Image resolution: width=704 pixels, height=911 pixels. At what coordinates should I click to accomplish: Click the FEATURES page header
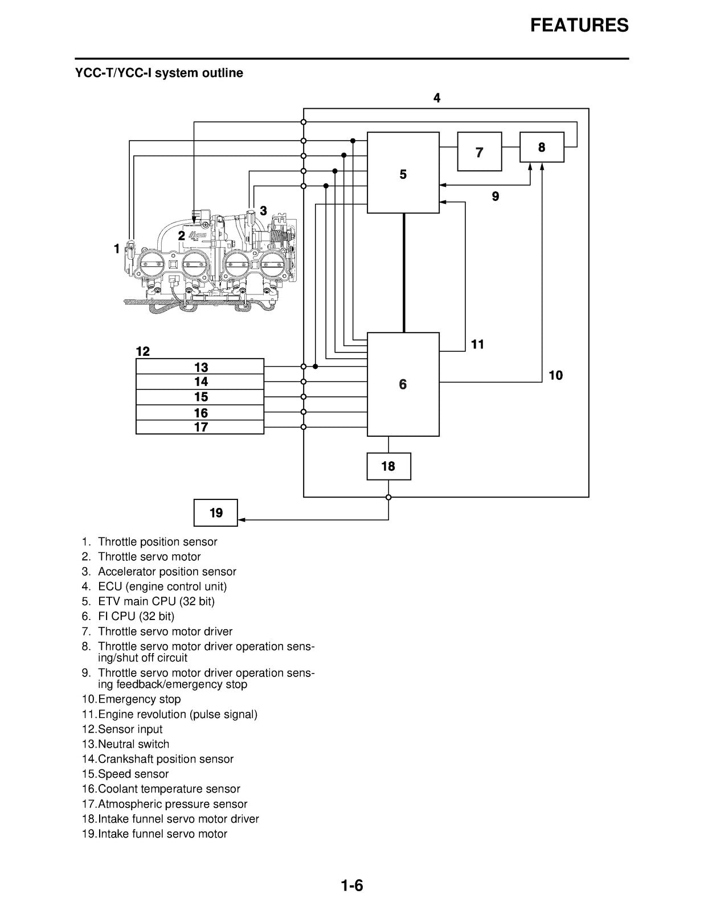point(579,25)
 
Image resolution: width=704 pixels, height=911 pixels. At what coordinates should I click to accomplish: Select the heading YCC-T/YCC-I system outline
point(159,73)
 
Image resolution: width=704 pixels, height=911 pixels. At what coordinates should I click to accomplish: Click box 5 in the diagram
point(403,173)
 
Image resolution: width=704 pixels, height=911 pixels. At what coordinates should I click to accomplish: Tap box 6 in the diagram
point(403,384)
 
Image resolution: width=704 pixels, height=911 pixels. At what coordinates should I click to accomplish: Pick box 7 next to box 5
point(479,152)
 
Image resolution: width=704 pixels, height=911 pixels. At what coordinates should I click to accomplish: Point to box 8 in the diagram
point(542,147)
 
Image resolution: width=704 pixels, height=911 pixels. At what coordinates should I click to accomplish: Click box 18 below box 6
point(388,466)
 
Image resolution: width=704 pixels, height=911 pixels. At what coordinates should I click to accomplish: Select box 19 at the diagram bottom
point(215,513)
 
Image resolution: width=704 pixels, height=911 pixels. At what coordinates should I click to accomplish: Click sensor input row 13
point(200,367)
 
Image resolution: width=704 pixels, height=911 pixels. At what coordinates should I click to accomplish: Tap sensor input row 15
point(200,397)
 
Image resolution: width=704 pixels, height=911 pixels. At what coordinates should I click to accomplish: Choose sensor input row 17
point(200,427)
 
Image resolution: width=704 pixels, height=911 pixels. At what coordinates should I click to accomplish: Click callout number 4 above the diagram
point(437,98)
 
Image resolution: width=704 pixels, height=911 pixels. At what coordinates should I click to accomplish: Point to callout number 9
point(496,196)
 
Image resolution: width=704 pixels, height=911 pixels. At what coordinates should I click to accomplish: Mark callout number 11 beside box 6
point(477,344)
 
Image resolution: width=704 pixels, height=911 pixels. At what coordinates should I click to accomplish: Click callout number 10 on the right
point(555,375)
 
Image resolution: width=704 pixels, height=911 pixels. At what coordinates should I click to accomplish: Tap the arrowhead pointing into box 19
point(241,520)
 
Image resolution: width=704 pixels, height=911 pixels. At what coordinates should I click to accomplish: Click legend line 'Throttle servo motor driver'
point(165,631)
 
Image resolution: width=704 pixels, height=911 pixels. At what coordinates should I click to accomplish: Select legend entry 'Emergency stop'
point(139,699)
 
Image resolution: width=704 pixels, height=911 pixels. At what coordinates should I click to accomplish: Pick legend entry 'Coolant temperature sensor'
point(169,789)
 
